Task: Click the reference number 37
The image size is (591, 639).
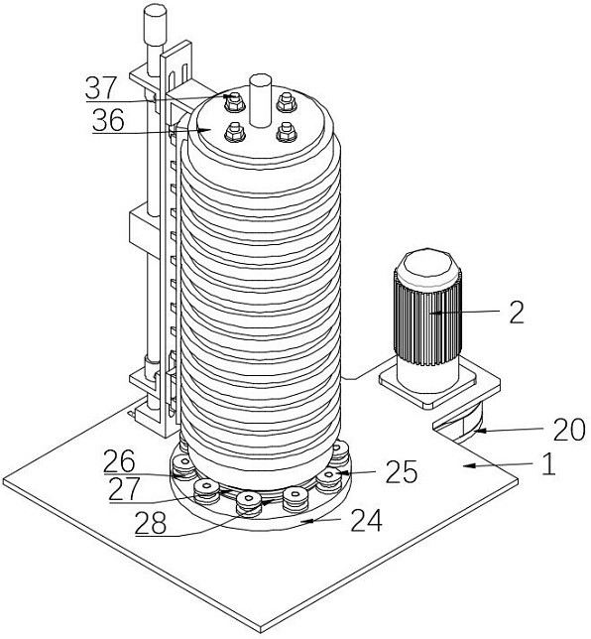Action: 101,87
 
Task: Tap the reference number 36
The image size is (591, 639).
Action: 108,120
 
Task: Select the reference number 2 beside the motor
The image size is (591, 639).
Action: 517,313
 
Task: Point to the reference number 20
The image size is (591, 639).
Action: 569,430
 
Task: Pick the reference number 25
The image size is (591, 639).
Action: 402,472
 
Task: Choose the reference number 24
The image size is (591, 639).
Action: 367,520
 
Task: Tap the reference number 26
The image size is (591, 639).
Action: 119,461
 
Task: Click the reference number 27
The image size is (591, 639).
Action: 124,489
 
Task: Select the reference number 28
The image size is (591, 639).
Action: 151,523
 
